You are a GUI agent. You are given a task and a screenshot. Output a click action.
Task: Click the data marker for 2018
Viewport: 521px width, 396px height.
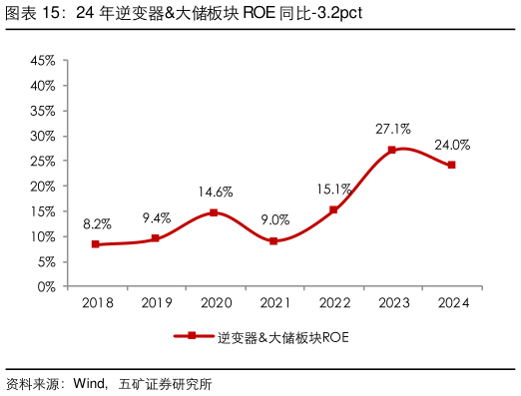(95, 244)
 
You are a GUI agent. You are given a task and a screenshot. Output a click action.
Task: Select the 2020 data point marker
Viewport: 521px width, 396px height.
(214, 212)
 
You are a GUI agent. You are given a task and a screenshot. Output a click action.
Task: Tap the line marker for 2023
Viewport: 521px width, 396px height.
(392, 150)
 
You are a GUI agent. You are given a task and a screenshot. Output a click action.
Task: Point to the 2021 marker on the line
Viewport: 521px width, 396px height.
(273, 241)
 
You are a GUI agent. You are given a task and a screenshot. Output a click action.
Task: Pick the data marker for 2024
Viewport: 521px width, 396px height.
(451, 165)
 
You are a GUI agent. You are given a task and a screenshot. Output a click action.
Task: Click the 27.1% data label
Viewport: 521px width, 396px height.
(392, 130)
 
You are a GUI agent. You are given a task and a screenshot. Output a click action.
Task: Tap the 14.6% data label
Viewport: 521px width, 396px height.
(215, 193)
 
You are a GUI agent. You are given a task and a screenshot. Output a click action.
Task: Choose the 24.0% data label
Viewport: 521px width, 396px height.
(452, 145)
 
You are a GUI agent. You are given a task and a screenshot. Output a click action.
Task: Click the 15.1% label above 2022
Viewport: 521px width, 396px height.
(333, 190)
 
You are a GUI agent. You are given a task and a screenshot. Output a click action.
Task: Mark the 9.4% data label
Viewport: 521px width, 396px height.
(156, 218)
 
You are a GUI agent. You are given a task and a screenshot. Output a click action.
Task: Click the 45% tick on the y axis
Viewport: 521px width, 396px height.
(43, 61)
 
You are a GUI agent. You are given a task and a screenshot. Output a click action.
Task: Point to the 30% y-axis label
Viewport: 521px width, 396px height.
(43, 137)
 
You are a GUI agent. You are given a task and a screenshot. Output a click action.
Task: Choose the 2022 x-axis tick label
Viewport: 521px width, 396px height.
(333, 301)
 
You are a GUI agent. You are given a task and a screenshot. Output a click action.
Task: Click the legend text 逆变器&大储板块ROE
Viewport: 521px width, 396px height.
(282, 337)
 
